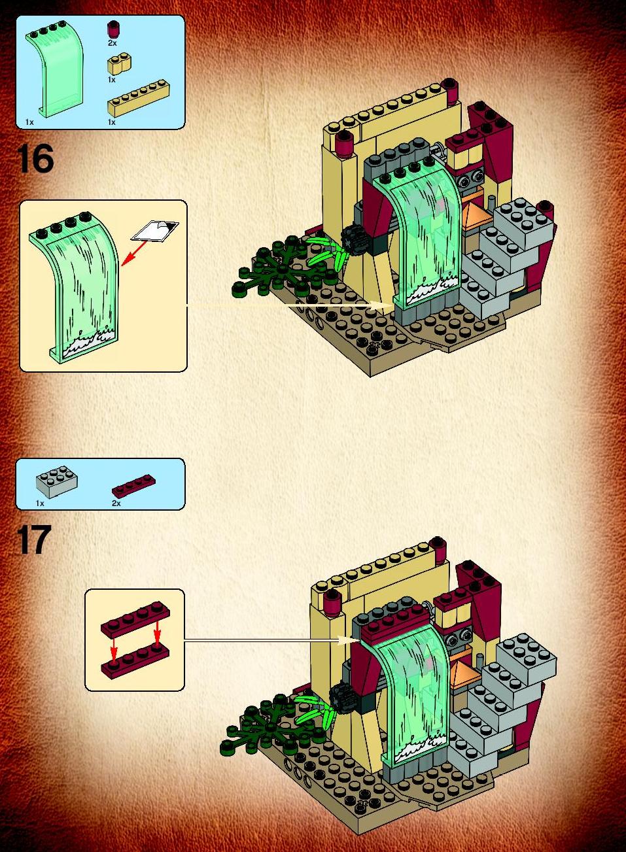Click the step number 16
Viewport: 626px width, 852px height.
click(x=35, y=160)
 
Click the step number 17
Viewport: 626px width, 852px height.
click(x=33, y=539)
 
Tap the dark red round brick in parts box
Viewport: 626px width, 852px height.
click(x=113, y=30)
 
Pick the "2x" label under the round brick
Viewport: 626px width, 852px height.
click(x=112, y=43)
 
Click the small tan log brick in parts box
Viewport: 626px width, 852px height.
click(x=120, y=64)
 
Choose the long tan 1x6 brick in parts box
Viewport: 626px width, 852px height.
click(x=138, y=97)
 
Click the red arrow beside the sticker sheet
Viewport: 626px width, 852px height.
click(x=134, y=252)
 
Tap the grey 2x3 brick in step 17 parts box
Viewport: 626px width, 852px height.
click(x=58, y=482)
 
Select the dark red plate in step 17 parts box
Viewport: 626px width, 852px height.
click(x=133, y=485)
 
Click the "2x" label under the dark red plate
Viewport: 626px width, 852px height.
click(x=116, y=503)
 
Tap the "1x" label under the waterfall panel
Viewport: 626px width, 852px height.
click(x=29, y=122)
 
